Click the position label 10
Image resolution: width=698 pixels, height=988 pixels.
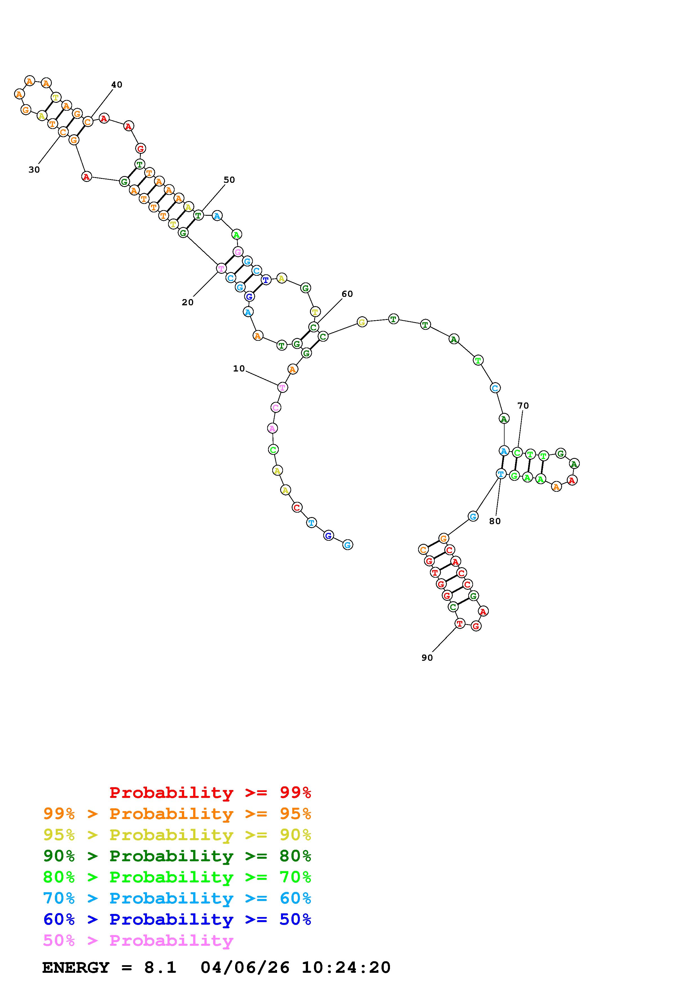point(239,369)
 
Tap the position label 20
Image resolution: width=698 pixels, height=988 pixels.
point(188,302)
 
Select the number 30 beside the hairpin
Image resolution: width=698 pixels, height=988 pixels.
point(34,170)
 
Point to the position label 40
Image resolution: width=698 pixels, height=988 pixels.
point(117,85)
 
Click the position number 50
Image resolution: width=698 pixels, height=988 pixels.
point(229,180)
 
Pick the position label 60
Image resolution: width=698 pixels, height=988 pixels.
point(347,294)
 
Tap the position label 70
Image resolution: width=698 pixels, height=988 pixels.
point(523,406)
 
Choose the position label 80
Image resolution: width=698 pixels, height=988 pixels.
point(495,521)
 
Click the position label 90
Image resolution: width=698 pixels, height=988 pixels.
point(427,658)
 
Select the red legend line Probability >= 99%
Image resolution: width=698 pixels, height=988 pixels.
point(210,793)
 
